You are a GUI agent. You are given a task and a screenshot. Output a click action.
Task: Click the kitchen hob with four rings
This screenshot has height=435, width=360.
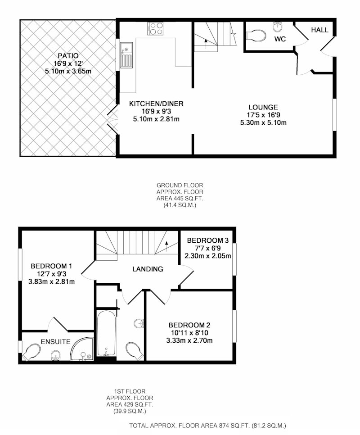tap(155, 28)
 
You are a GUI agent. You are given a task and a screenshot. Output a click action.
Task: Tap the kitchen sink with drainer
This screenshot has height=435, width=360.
tap(126, 55)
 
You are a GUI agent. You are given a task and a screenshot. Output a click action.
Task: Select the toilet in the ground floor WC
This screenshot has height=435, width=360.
tap(256, 35)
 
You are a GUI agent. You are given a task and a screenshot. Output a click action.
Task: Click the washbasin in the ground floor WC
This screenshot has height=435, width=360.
tap(277, 27)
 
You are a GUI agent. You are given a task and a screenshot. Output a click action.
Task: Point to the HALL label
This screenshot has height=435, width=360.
tap(319, 30)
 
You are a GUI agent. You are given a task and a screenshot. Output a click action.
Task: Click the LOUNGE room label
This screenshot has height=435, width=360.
tap(263, 107)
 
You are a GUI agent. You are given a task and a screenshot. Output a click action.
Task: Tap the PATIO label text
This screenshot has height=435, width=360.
tap(68, 56)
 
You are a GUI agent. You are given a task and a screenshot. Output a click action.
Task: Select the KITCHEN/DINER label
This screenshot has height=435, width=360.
tap(156, 104)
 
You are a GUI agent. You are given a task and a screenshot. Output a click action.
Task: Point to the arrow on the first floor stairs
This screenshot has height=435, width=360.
tap(166, 246)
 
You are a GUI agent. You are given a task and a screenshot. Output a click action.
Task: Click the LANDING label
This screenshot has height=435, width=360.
tap(148, 269)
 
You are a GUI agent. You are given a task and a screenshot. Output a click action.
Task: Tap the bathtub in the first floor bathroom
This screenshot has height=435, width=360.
tap(106, 333)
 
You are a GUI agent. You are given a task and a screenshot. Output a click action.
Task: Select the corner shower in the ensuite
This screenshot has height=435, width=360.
tap(82, 349)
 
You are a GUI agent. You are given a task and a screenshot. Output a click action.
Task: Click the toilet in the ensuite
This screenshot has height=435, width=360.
tap(31, 352)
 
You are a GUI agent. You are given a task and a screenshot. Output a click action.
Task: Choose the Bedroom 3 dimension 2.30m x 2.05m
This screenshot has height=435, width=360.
tap(208, 256)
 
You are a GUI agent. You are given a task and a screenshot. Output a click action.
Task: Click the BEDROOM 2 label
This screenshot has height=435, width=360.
tap(189, 325)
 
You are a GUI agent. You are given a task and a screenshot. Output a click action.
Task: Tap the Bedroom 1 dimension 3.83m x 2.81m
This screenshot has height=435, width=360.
tap(52, 281)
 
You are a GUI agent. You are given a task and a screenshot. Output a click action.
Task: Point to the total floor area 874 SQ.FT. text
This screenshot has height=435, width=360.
tap(207, 425)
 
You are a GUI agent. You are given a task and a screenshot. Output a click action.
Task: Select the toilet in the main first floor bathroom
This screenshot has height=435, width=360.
tap(135, 350)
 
